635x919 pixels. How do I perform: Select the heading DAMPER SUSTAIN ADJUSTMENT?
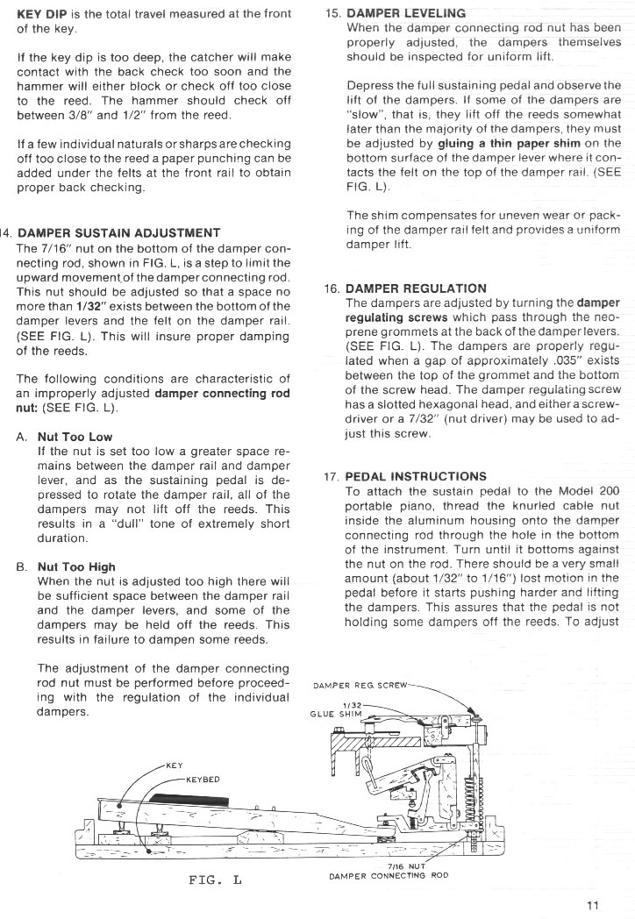pyautogui.click(x=118, y=233)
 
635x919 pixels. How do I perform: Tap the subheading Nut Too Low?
pyautogui.click(x=75, y=437)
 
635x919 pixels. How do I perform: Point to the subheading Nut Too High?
pyautogui.click(x=76, y=566)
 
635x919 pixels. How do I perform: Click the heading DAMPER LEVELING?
pyautogui.click(x=406, y=15)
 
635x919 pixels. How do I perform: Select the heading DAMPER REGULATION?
pyautogui.click(x=416, y=288)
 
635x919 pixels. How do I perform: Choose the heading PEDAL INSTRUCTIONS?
pyautogui.click(x=416, y=477)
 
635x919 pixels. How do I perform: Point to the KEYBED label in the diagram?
pyautogui.click(x=202, y=778)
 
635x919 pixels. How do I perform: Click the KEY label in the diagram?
pyautogui.click(x=174, y=765)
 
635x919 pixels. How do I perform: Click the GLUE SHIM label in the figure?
pyautogui.click(x=332, y=713)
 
